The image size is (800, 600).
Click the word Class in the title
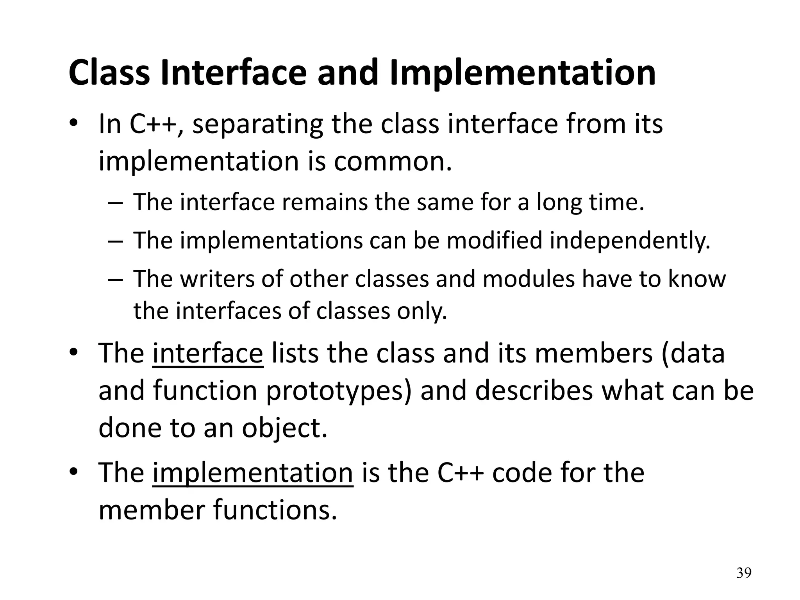point(109,73)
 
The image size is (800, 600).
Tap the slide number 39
point(743,573)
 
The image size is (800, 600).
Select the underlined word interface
point(208,353)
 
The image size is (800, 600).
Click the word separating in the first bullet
point(257,124)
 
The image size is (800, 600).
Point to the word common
point(392,161)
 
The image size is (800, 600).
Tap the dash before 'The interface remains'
point(116,203)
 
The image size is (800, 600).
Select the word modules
point(529,279)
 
